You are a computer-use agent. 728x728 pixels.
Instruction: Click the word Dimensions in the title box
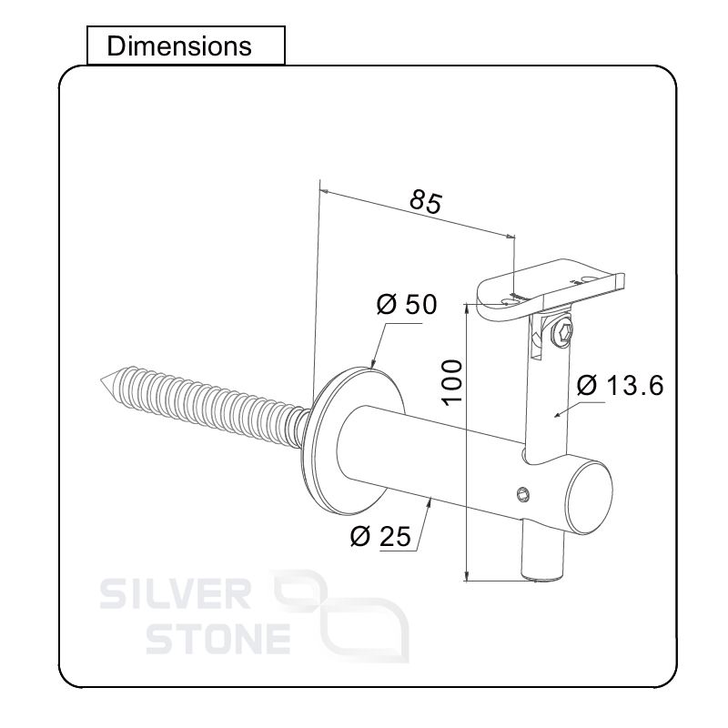tap(178, 45)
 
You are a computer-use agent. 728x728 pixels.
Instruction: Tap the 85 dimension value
tap(424, 200)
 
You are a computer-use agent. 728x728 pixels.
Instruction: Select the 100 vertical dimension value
tap(456, 378)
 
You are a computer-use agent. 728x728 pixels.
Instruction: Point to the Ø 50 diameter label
tap(407, 305)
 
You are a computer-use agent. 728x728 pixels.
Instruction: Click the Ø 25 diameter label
tap(379, 537)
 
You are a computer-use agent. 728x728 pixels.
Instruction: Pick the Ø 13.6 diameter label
tap(620, 386)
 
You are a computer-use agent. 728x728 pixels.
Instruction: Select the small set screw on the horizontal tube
tap(522, 494)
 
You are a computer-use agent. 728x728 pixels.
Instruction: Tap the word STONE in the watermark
tap(218, 639)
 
